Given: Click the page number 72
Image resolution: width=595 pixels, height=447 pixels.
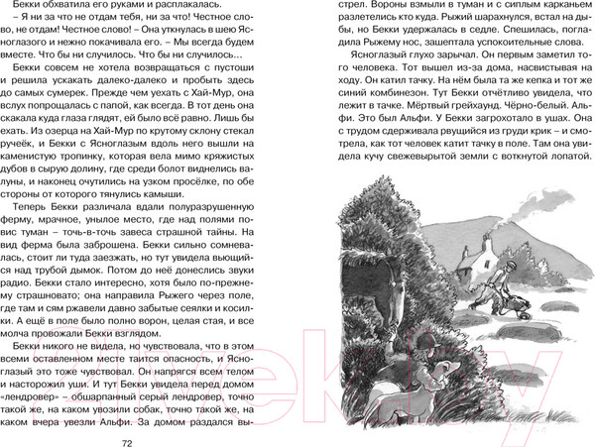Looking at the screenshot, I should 153,430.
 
